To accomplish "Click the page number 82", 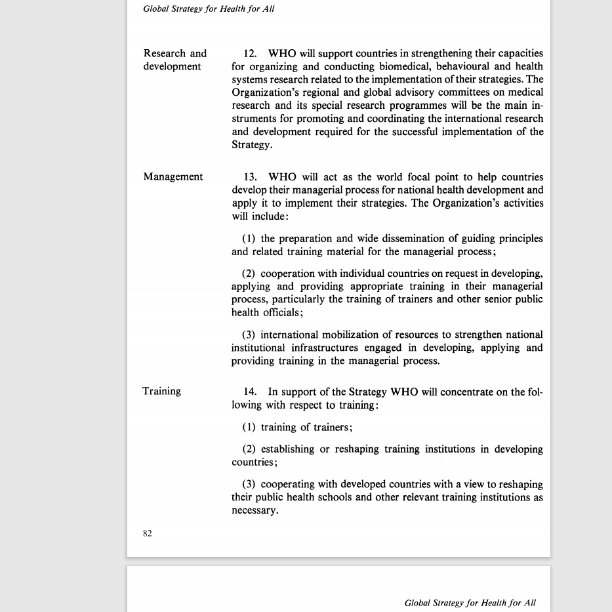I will (148, 533).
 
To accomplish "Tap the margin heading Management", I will (173, 176).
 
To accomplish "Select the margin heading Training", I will (161, 391).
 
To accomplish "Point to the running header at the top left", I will (209, 9).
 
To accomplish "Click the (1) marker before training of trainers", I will (249, 427).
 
